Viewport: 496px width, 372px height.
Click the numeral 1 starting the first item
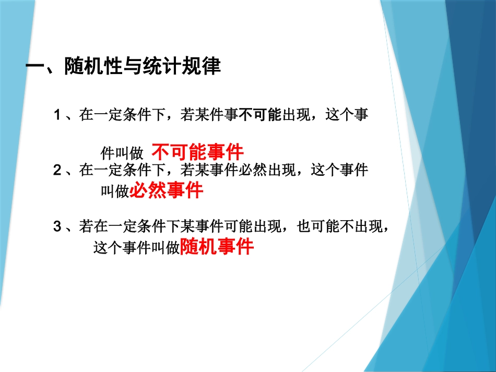(58, 114)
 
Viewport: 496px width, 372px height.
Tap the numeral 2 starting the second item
(58, 170)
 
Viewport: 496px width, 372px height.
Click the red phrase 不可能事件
(198, 152)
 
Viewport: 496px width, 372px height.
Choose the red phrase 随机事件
(217, 246)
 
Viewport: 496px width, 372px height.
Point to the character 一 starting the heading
(36, 67)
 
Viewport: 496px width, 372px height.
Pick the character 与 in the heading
(132, 67)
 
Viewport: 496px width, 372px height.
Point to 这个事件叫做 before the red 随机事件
(136, 247)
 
